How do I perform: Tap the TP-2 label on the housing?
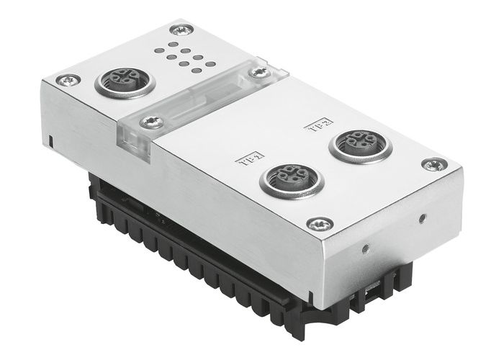click(x=315, y=126)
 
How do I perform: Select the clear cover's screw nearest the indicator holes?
click(x=257, y=72)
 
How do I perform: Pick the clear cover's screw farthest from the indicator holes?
click(x=150, y=122)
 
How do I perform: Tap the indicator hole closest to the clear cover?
click(x=210, y=65)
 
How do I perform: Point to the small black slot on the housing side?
click(x=54, y=138)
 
